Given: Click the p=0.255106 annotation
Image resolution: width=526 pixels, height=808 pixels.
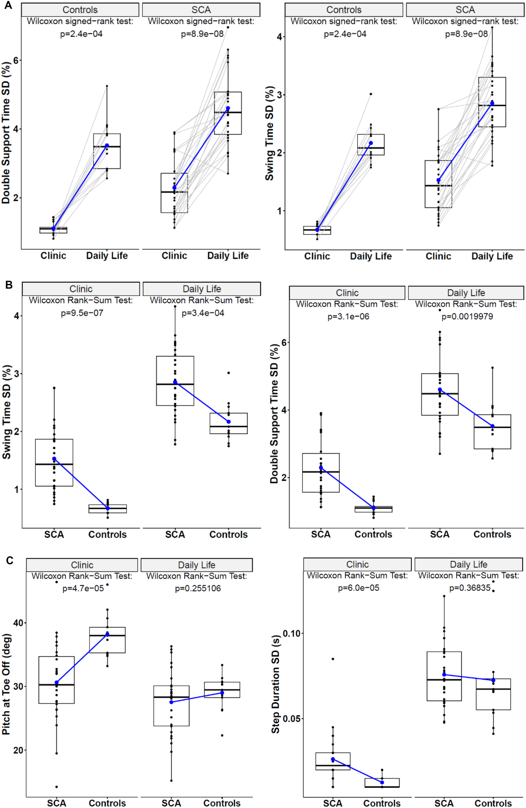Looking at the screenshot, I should pyautogui.click(x=198, y=588).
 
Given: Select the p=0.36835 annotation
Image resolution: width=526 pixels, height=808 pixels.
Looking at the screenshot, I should pyautogui.click(x=470, y=588).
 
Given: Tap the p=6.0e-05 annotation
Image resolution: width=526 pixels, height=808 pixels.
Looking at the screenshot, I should pyautogui.click(x=358, y=588).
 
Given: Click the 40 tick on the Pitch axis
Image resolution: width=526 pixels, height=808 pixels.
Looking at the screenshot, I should pyautogui.click(x=18, y=623).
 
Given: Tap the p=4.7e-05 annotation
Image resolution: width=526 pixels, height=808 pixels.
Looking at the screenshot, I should pyautogui.click(x=83, y=588).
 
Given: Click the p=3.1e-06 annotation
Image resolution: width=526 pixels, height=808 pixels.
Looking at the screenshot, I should pyautogui.click(x=348, y=316).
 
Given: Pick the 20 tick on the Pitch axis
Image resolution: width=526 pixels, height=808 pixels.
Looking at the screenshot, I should pyautogui.click(x=18, y=750).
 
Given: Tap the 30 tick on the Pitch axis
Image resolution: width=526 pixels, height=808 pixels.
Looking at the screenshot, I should pyautogui.click(x=18, y=686).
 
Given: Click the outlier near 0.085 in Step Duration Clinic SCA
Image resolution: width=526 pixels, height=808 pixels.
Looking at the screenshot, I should pyautogui.click(x=333, y=659).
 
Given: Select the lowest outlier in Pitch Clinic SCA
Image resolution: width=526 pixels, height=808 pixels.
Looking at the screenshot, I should pyautogui.click(x=57, y=787).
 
